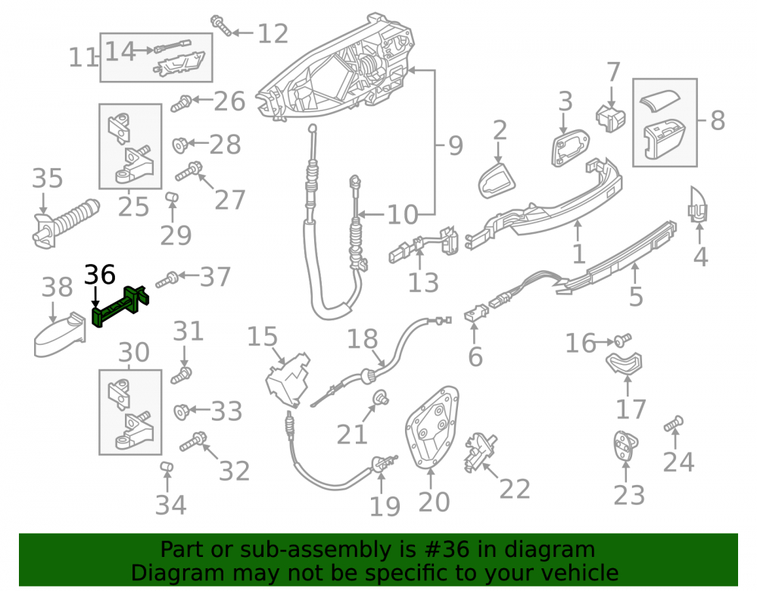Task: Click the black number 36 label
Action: (x=100, y=275)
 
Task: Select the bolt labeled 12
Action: (x=221, y=25)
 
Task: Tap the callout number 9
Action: (x=455, y=145)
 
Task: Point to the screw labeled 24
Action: (x=673, y=423)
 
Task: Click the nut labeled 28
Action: (x=181, y=145)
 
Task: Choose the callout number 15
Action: (x=262, y=337)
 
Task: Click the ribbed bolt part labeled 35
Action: (x=64, y=223)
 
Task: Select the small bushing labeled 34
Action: (x=167, y=467)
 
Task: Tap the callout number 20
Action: (x=434, y=502)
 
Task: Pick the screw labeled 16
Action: (x=623, y=340)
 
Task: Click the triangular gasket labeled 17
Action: (x=625, y=363)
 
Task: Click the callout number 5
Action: (x=636, y=296)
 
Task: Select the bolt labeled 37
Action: (x=167, y=280)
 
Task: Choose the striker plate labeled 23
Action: (x=626, y=446)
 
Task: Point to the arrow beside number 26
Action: (x=202, y=101)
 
